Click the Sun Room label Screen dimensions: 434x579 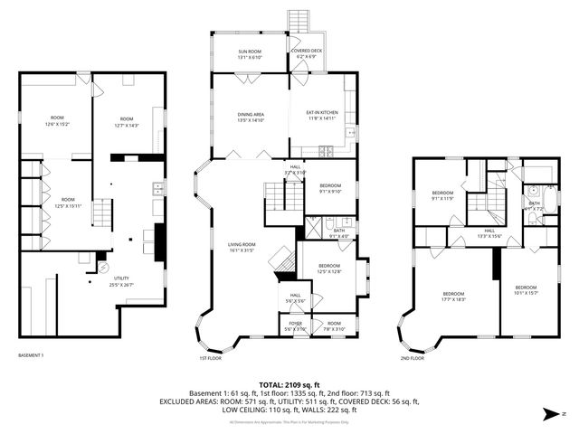[249, 54]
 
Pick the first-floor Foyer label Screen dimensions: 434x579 [296, 325]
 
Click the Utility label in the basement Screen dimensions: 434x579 [120, 281]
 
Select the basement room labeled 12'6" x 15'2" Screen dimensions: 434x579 [56, 121]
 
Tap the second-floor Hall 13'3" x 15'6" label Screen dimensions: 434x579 [489, 233]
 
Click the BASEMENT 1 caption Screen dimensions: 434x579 [31, 355]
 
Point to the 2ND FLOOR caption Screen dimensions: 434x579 [412, 358]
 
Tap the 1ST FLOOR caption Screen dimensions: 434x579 [210, 358]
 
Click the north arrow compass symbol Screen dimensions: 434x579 [551, 414]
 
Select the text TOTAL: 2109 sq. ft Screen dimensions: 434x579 [289, 384]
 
